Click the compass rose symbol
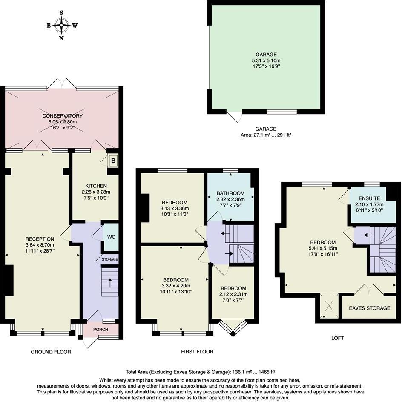pyautogui.click(x=62, y=26)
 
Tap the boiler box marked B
pyautogui.click(x=114, y=161)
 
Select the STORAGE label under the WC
pyautogui.click(x=109, y=259)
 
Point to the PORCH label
pyautogui.click(x=100, y=330)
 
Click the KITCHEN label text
pyautogui.click(x=96, y=186)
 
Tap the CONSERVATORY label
pyautogui.click(x=62, y=116)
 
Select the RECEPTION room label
pyautogui.click(x=40, y=239)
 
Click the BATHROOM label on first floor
pyautogui.click(x=230, y=193)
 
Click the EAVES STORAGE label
pyautogui.click(x=369, y=308)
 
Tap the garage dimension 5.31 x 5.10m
pyautogui.click(x=266, y=60)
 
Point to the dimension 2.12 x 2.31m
pyautogui.click(x=233, y=294)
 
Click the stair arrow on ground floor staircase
pyautogui.click(x=110, y=281)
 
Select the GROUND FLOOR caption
pyautogui.click(x=51, y=352)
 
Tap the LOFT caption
pyautogui.click(x=337, y=338)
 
